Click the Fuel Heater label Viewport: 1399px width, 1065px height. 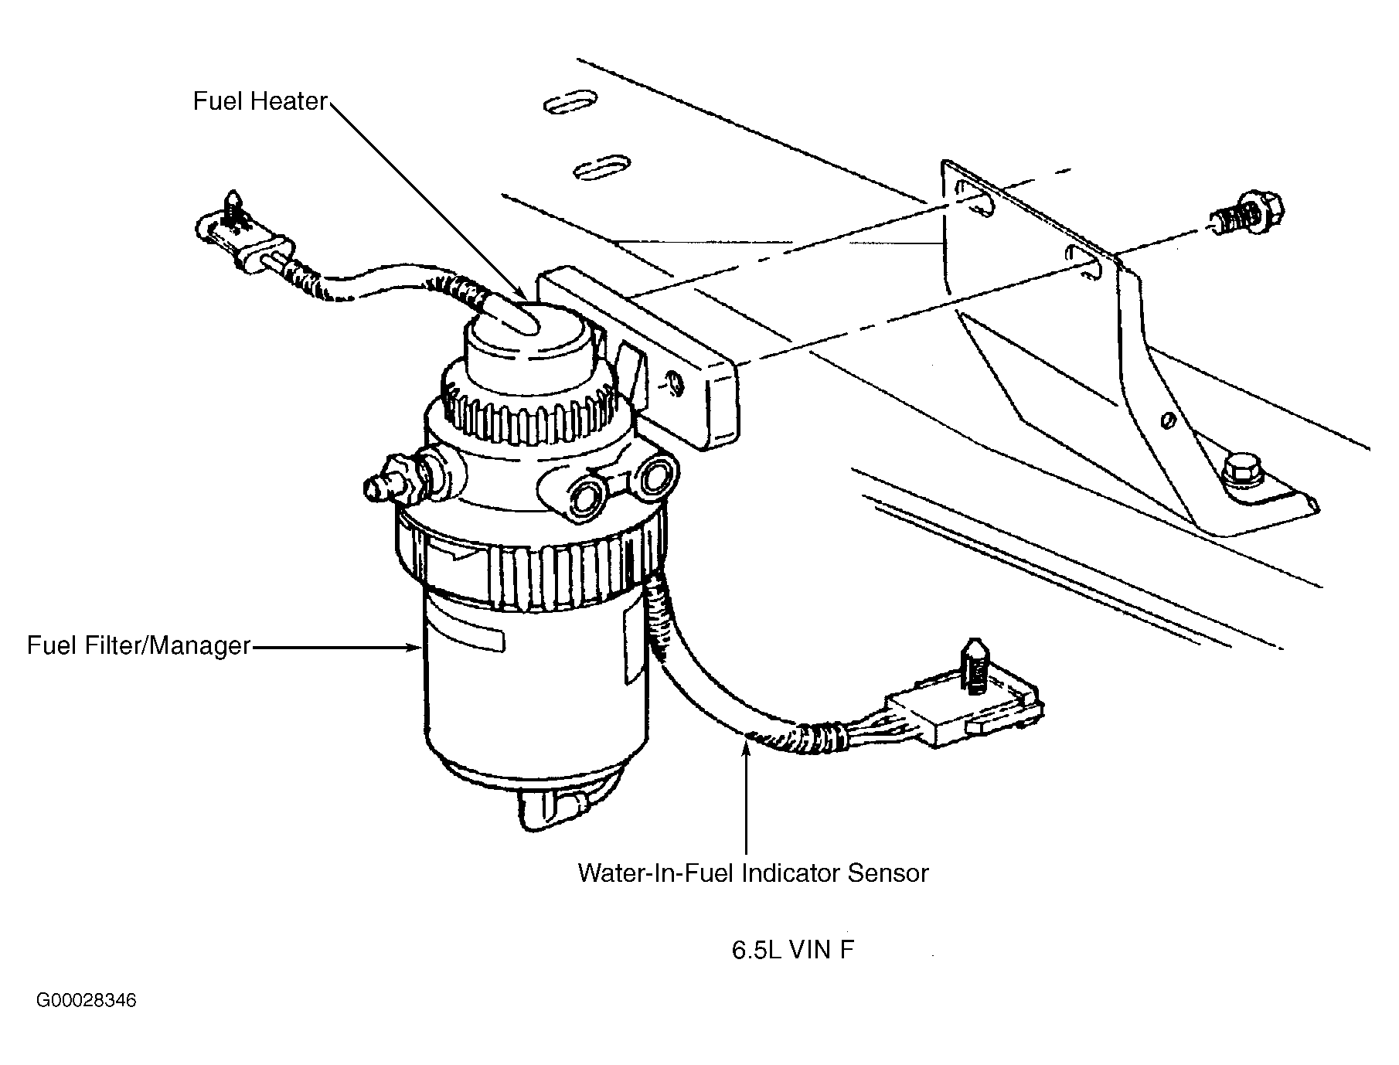click(260, 101)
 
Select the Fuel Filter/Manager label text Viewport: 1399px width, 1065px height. click(138, 645)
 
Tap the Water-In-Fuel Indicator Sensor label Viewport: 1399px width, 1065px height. click(753, 873)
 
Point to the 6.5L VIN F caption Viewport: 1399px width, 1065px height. click(792, 950)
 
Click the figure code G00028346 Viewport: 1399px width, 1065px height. click(86, 1001)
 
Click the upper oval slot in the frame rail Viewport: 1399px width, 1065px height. click(570, 104)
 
